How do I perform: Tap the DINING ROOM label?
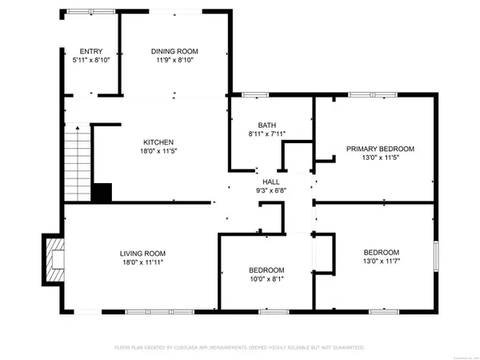[173, 51]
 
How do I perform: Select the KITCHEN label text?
[158, 142]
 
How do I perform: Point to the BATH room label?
[266, 125]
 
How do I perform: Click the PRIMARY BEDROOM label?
[380, 149]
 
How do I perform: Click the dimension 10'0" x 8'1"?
[266, 279]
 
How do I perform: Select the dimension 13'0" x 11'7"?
[375, 260]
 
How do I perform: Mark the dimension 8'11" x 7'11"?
[266, 134]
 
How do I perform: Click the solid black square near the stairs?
[102, 193]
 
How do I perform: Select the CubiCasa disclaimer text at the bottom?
[239, 348]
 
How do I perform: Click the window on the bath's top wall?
[255, 95]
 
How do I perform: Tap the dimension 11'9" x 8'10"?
[173, 60]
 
